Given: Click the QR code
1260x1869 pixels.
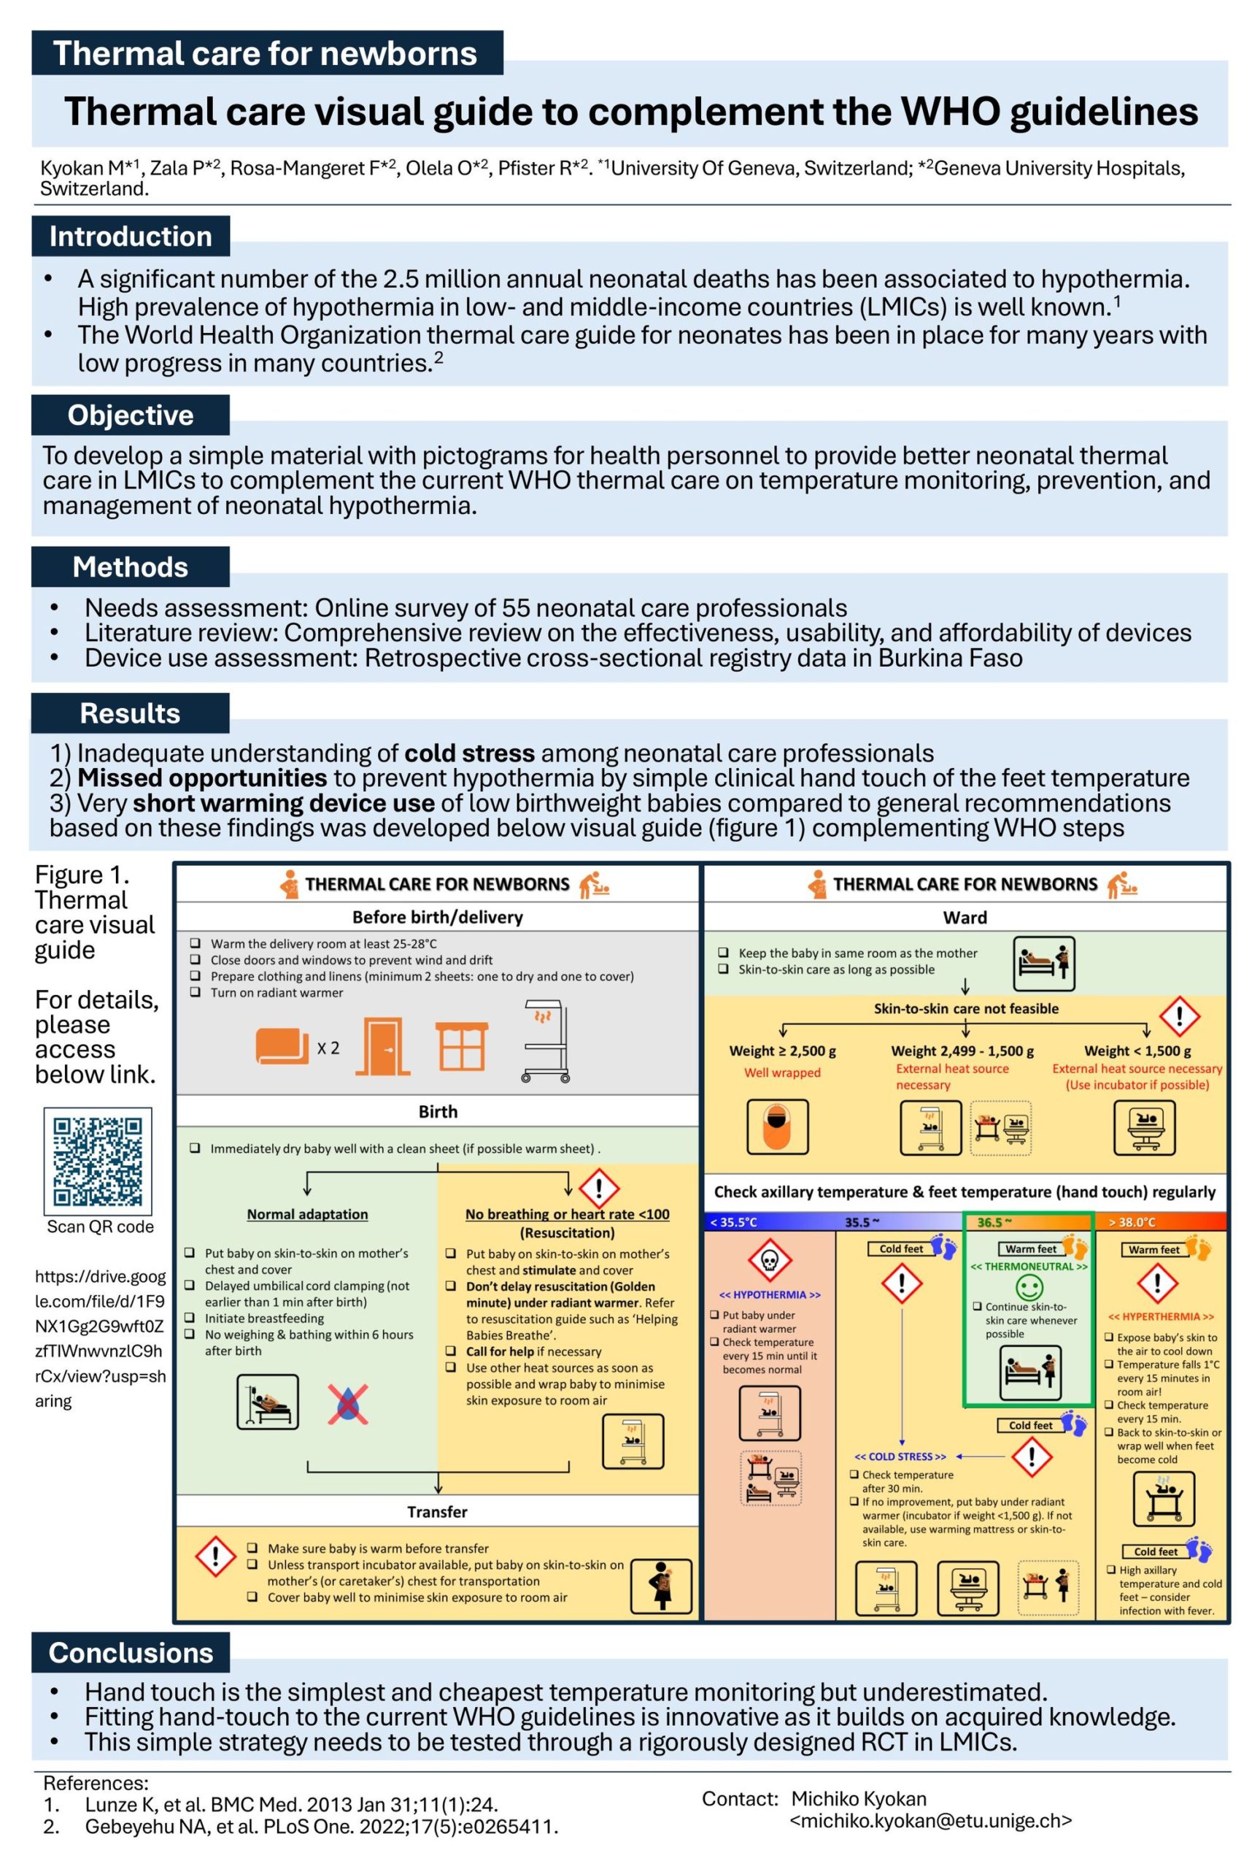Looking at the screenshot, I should [x=97, y=1161].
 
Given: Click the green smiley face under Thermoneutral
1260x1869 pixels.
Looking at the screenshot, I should [x=1029, y=1288].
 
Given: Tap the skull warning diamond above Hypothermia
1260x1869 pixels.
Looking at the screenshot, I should [x=769, y=1262].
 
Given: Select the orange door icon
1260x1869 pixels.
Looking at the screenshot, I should [x=383, y=1047].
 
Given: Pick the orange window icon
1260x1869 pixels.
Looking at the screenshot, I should [x=461, y=1047].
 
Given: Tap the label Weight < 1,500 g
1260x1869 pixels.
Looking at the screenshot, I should [x=1137, y=1051].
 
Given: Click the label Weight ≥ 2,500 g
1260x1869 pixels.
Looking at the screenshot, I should [x=782, y=1051].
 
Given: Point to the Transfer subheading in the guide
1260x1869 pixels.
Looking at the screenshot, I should [x=437, y=1512].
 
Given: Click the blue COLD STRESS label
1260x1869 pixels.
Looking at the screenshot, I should [x=900, y=1457].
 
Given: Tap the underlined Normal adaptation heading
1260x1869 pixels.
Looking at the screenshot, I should [x=307, y=1215].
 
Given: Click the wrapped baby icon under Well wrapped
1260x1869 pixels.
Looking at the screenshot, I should [x=777, y=1127].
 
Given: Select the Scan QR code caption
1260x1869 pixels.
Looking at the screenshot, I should [x=100, y=1227].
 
